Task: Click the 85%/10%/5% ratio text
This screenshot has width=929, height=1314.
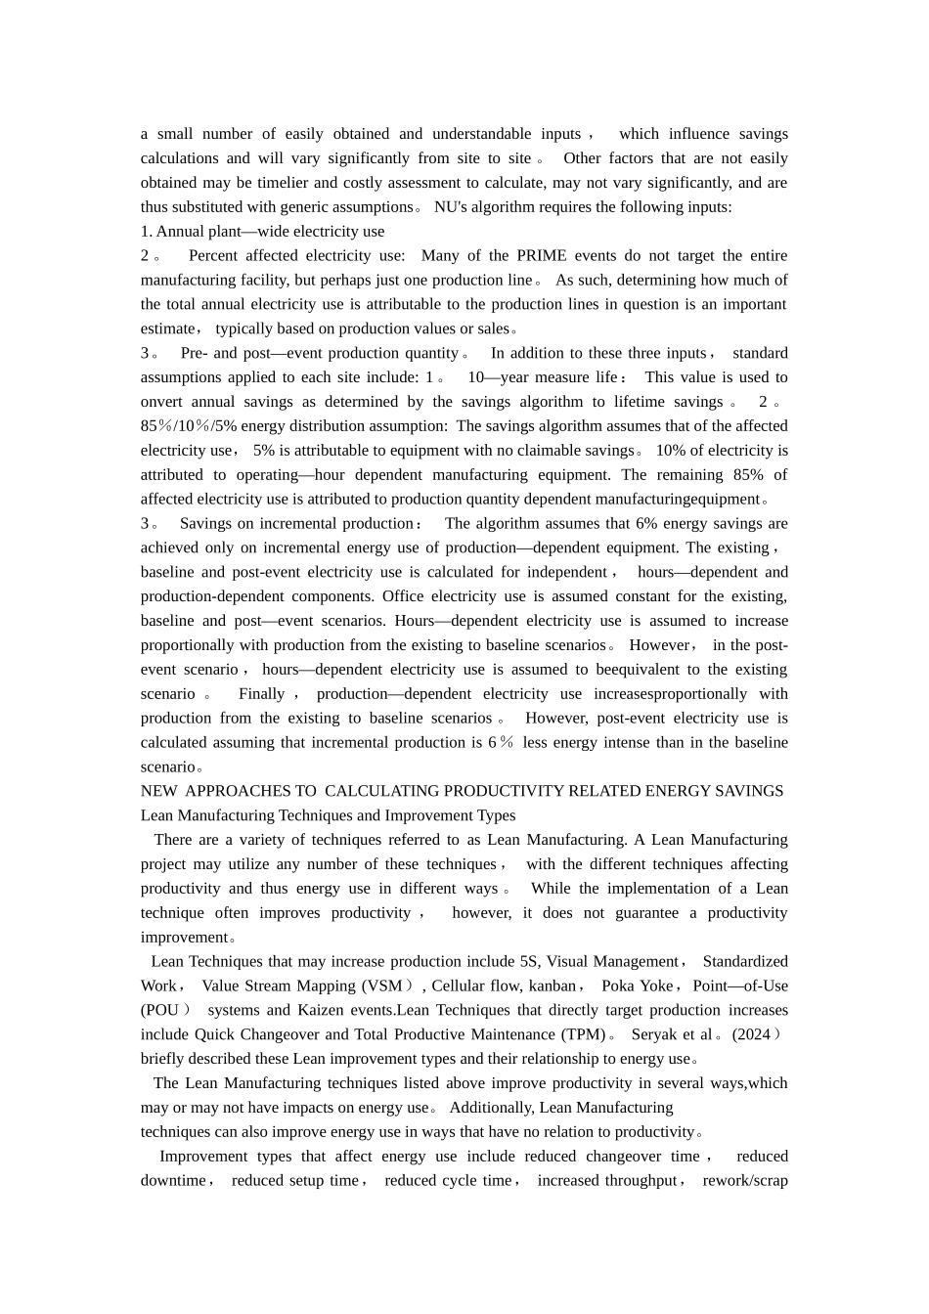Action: pos(189,425)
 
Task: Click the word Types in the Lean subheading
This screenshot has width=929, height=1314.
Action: pos(496,814)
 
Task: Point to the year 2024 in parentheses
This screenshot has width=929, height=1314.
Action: pos(752,1033)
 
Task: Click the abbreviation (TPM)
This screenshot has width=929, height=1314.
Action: pos(583,1033)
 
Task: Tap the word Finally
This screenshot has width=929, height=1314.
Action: pos(261,693)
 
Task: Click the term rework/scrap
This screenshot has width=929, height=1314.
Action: pos(745,1180)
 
